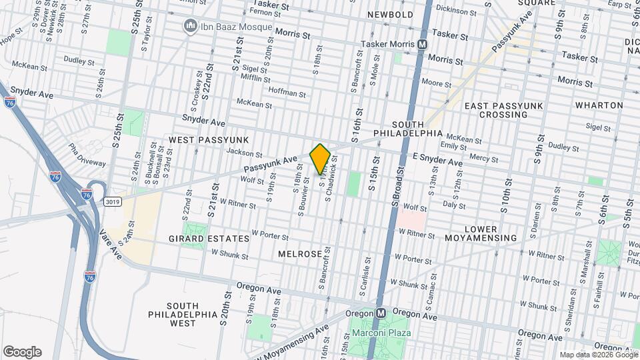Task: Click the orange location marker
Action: click(320, 159)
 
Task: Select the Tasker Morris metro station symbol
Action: click(422, 44)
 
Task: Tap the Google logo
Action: click(22, 352)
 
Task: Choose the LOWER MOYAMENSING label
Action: click(490, 233)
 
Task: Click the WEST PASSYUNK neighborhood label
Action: click(209, 139)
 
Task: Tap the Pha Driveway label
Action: click(87, 155)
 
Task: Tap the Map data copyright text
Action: click(597, 355)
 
